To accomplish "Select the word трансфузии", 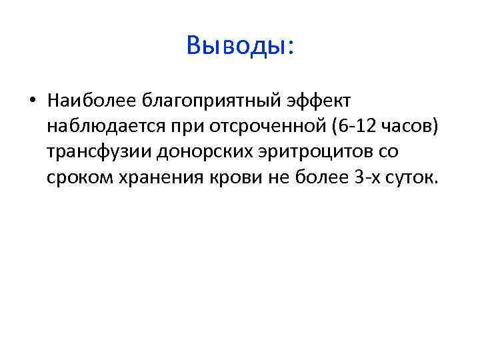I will tap(100, 153).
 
